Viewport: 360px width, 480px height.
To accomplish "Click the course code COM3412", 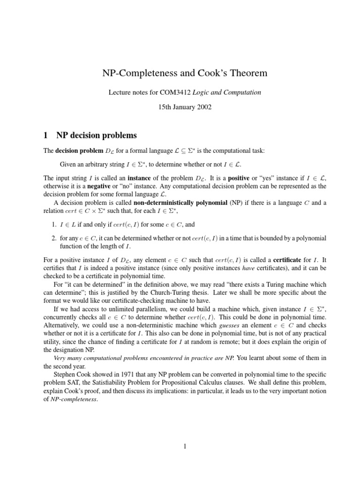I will pyautogui.click(x=172, y=93).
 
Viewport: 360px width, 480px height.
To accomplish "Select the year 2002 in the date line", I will pyautogui.click(x=203, y=107).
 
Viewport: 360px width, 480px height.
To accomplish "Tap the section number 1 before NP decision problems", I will pyautogui.click(x=45, y=135).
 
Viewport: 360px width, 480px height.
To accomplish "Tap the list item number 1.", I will pyautogui.click(x=54, y=225).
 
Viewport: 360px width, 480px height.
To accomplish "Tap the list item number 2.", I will pyautogui.click(x=54, y=239).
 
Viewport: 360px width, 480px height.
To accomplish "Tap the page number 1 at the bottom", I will pyautogui.click(x=186, y=447).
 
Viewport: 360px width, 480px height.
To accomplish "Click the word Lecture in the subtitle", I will pyautogui.click(x=120, y=93).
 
